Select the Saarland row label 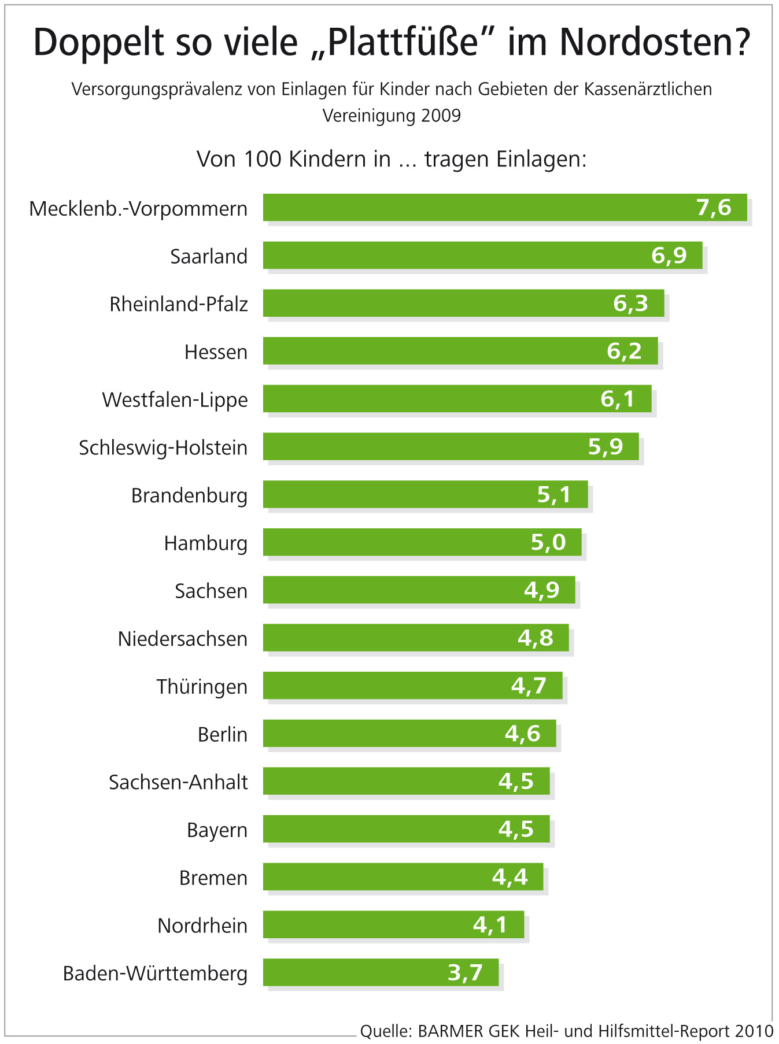209,256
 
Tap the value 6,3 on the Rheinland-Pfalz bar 630,303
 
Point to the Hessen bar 434,351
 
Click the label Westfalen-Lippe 175,399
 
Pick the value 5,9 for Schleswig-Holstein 606,447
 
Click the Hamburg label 206,543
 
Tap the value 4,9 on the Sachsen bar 542,590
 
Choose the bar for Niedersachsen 393,638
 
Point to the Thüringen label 202,687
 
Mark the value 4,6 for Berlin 523,734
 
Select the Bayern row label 217,830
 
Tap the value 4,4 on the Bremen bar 510,877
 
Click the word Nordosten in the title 655,42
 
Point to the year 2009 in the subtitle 441,116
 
